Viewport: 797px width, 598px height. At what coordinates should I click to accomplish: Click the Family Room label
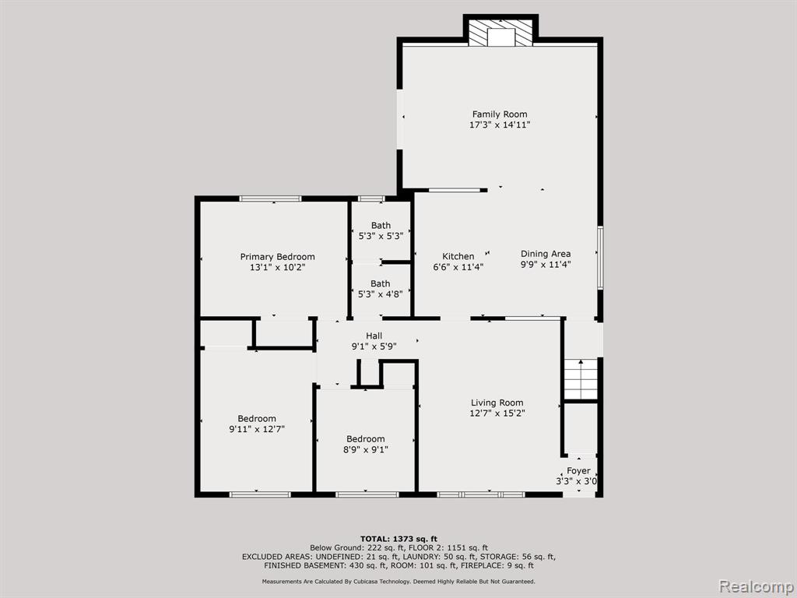tap(500, 114)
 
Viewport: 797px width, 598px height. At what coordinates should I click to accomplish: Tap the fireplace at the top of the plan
tap(500, 33)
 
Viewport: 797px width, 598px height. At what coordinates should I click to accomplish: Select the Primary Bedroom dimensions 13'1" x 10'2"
tap(278, 268)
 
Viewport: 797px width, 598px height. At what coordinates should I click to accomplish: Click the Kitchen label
tap(458, 256)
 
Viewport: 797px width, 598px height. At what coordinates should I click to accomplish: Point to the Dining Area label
tap(546, 254)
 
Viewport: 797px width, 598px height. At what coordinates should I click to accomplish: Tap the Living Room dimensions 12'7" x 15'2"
tap(497, 413)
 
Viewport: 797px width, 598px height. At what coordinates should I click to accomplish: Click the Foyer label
tap(578, 471)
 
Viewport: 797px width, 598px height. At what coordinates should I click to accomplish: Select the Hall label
tap(374, 336)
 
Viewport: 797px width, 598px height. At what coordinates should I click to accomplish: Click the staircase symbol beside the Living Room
tap(581, 379)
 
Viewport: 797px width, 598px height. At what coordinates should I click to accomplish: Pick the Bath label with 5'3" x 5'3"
tap(381, 225)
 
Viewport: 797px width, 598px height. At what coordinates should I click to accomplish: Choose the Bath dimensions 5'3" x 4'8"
tap(380, 294)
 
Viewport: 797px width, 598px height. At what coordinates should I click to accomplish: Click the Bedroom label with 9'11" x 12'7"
tap(257, 418)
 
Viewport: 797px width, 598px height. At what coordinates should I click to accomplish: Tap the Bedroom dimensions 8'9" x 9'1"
tap(366, 449)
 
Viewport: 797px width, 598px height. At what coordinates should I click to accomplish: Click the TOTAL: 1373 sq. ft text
tap(398, 539)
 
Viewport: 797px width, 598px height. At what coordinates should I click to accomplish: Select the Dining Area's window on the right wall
tap(600, 257)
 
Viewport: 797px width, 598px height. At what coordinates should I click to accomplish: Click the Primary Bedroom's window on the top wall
tap(270, 199)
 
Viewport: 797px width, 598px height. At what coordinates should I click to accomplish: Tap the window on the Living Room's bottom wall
tap(481, 494)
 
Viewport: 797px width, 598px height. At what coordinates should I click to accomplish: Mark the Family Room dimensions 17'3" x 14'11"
tap(500, 125)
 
